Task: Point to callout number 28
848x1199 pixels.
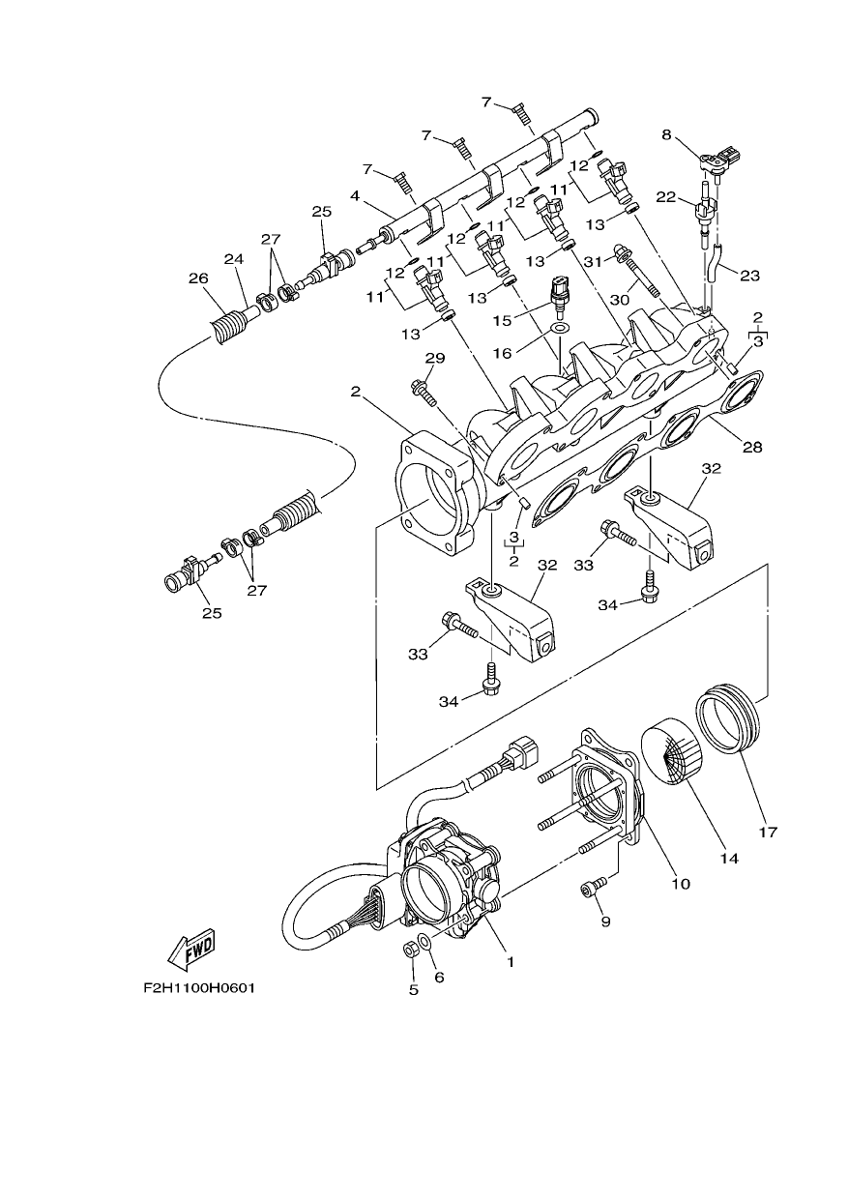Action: [x=752, y=447]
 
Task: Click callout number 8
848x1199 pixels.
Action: [x=666, y=135]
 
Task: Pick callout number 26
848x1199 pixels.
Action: [x=198, y=278]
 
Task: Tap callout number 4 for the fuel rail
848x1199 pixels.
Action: [x=356, y=196]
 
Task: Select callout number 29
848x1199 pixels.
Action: [x=435, y=358]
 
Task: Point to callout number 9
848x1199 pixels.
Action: [x=605, y=921]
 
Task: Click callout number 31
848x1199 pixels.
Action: [x=593, y=261]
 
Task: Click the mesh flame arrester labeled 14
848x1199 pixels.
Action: [x=671, y=751]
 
